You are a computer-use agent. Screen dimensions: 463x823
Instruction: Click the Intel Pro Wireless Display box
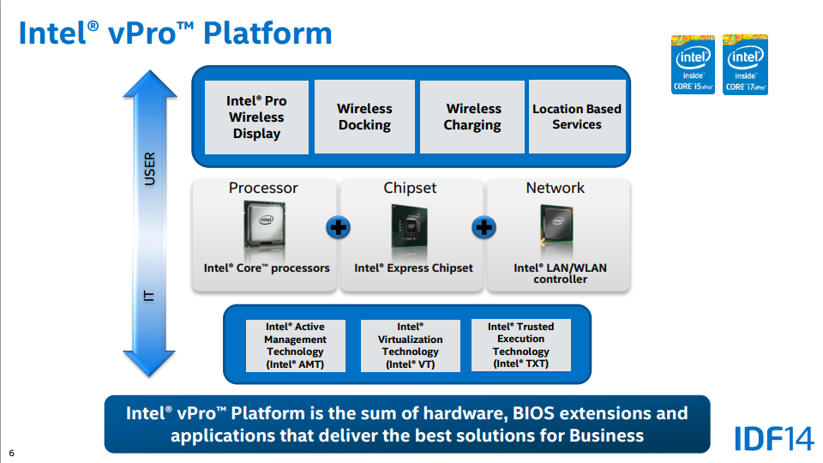(x=256, y=117)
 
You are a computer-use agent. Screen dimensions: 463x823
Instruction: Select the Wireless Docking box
(x=364, y=117)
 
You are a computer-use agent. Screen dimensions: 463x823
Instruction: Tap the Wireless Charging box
(x=472, y=117)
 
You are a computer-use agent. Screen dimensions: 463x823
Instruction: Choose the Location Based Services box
(x=577, y=117)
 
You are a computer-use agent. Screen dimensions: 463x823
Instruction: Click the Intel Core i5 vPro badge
(x=693, y=64)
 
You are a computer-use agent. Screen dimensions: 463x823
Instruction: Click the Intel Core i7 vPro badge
(x=745, y=64)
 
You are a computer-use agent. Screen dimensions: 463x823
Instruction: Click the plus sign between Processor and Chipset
(x=339, y=228)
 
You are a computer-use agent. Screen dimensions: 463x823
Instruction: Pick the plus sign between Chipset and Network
(x=484, y=228)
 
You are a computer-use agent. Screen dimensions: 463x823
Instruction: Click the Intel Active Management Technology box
(x=294, y=346)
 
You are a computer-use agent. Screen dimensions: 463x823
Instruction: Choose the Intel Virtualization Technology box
(x=410, y=346)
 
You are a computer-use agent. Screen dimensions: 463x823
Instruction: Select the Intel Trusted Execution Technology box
(x=520, y=346)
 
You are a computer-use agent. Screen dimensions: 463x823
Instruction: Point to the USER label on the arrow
(x=149, y=169)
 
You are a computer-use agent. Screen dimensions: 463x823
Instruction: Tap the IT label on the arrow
(x=149, y=296)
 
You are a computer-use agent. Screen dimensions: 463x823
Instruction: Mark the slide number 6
(x=12, y=453)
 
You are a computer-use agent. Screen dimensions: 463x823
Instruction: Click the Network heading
(x=555, y=188)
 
